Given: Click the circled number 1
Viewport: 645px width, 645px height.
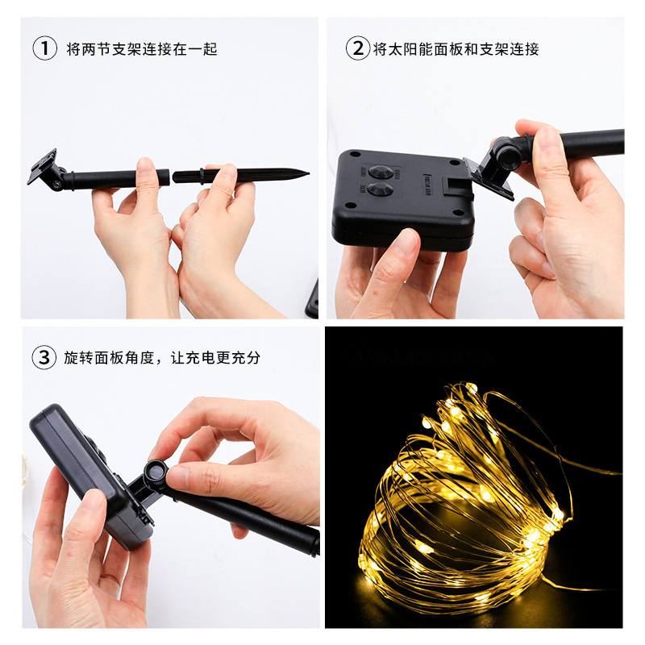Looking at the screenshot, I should click(x=45, y=48).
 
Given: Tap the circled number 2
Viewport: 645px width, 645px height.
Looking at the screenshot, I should click(x=357, y=48).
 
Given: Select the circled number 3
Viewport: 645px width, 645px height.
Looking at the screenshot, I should click(x=45, y=357).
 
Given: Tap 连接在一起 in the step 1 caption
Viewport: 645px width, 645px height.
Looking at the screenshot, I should click(x=177, y=49).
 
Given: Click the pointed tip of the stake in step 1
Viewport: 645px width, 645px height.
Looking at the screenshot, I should click(x=306, y=171).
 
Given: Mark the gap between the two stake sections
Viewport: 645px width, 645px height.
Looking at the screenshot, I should click(x=172, y=176).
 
